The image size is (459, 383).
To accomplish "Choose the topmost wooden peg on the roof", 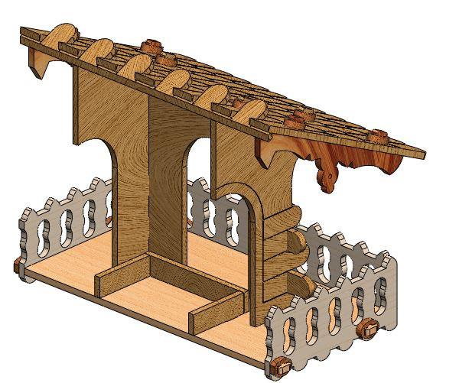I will pos(151,41).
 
